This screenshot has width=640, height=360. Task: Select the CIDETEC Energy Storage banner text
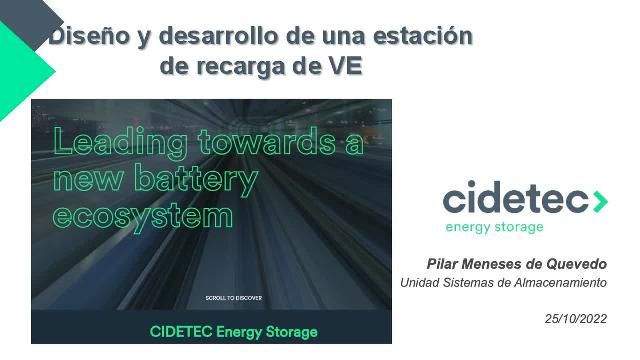[x=233, y=331]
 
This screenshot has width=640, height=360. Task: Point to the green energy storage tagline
[x=494, y=227]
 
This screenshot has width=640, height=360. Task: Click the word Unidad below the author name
[x=419, y=283]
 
